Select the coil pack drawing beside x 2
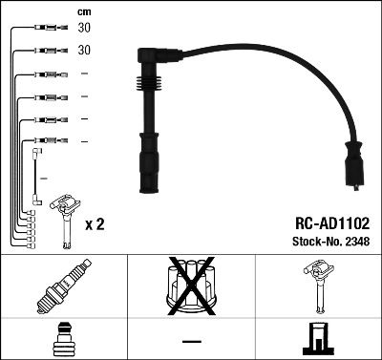(x=63, y=216)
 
